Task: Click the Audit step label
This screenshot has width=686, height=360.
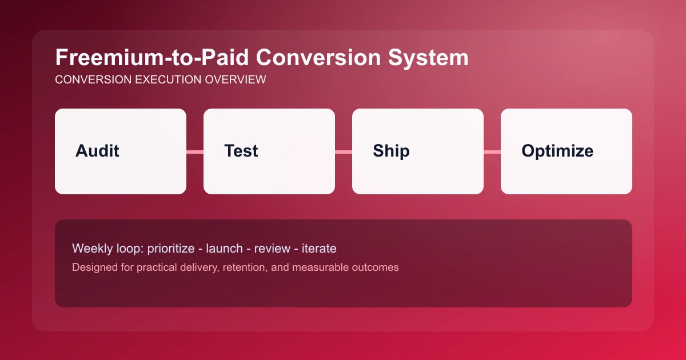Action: point(97,151)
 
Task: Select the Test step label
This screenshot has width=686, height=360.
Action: point(241,151)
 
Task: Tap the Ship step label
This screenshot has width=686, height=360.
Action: point(391,151)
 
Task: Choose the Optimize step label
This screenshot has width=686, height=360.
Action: point(557,151)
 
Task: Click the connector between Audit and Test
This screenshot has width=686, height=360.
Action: point(195,151)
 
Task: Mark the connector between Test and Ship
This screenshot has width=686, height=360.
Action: point(344,151)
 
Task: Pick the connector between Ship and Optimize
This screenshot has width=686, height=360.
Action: point(492,151)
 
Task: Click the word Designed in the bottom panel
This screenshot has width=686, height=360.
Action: point(93,267)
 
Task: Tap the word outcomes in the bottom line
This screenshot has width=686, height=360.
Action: point(375,267)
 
